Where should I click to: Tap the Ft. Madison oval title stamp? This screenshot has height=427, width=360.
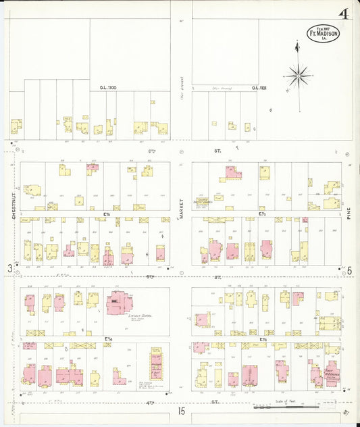tap(324, 33)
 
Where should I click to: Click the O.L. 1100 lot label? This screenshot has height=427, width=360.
tap(109, 88)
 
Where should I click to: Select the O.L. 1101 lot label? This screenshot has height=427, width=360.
tap(259, 88)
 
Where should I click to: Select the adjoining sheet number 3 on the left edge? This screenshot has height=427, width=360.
tap(9, 269)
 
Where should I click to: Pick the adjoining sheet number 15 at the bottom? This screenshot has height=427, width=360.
tap(181, 411)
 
